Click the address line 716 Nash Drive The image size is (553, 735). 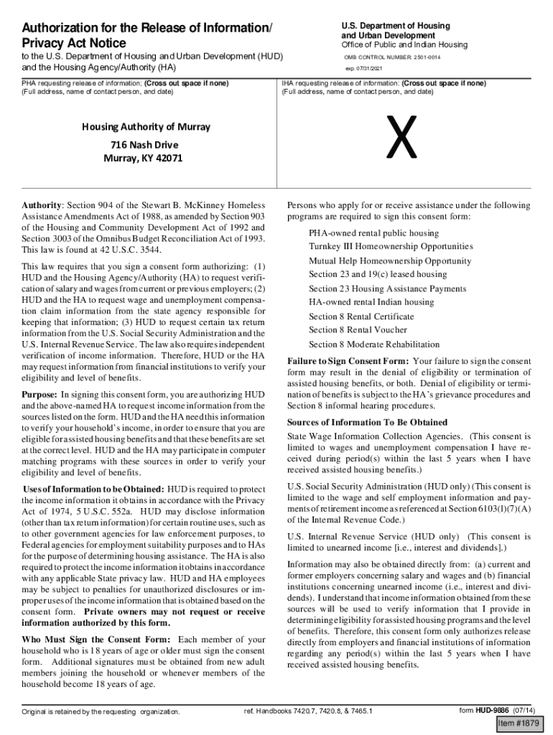[x=142, y=144]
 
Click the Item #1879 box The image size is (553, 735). [x=521, y=722]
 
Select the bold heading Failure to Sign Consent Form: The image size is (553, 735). [x=348, y=361]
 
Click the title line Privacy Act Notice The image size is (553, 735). [x=73, y=44]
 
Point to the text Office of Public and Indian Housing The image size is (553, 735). [x=404, y=45]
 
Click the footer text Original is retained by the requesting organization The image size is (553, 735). [x=101, y=712]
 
